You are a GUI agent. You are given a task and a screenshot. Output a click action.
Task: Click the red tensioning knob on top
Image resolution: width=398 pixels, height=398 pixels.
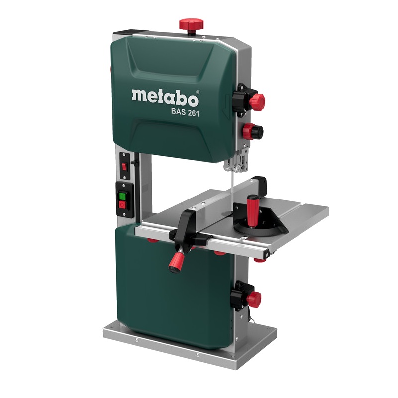click(x=192, y=25)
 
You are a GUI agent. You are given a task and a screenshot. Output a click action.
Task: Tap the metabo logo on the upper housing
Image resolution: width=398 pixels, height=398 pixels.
click(x=165, y=98)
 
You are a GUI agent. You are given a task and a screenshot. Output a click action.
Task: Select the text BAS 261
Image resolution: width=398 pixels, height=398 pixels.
click(x=185, y=112)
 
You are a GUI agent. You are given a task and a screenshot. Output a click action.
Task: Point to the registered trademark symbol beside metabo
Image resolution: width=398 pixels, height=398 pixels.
click(x=198, y=92)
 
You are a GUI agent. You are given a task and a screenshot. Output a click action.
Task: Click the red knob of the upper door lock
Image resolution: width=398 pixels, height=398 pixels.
click(x=258, y=101)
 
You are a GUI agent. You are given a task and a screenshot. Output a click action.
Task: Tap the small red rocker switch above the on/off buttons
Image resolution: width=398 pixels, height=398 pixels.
click(x=124, y=167)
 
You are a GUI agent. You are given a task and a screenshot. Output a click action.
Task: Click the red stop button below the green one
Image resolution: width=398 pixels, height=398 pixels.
click(x=122, y=205)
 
